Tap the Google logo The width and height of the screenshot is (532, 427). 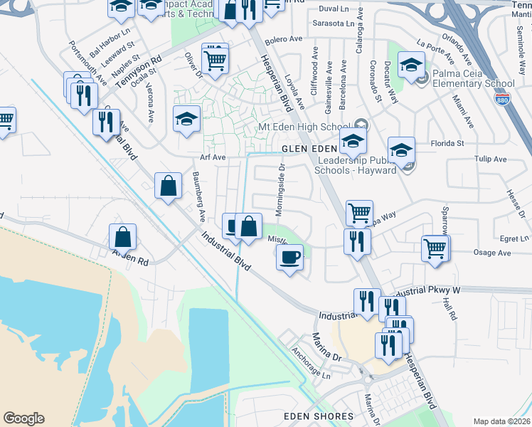(x=24, y=418)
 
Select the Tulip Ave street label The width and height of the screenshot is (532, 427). (x=490, y=159)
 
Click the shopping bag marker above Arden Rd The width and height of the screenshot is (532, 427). (x=123, y=238)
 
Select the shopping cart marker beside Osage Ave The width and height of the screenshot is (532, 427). (x=435, y=249)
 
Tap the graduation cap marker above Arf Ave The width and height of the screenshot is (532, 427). (x=186, y=120)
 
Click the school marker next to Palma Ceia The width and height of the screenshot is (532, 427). (x=411, y=66)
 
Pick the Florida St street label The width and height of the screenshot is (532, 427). (x=450, y=143)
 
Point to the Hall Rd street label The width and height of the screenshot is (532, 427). (x=449, y=308)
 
